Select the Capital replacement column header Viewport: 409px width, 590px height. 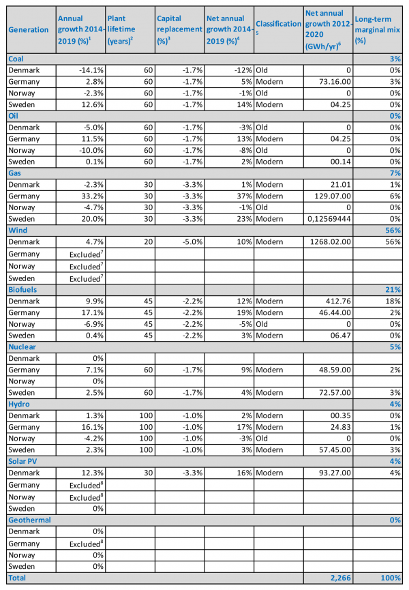pos(180,29)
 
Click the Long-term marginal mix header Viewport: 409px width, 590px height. pos(378,29)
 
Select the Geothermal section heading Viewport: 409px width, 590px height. pos(28,520)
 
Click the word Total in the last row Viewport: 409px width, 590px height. pos(18,578)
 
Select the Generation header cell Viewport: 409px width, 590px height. pos(29,29)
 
